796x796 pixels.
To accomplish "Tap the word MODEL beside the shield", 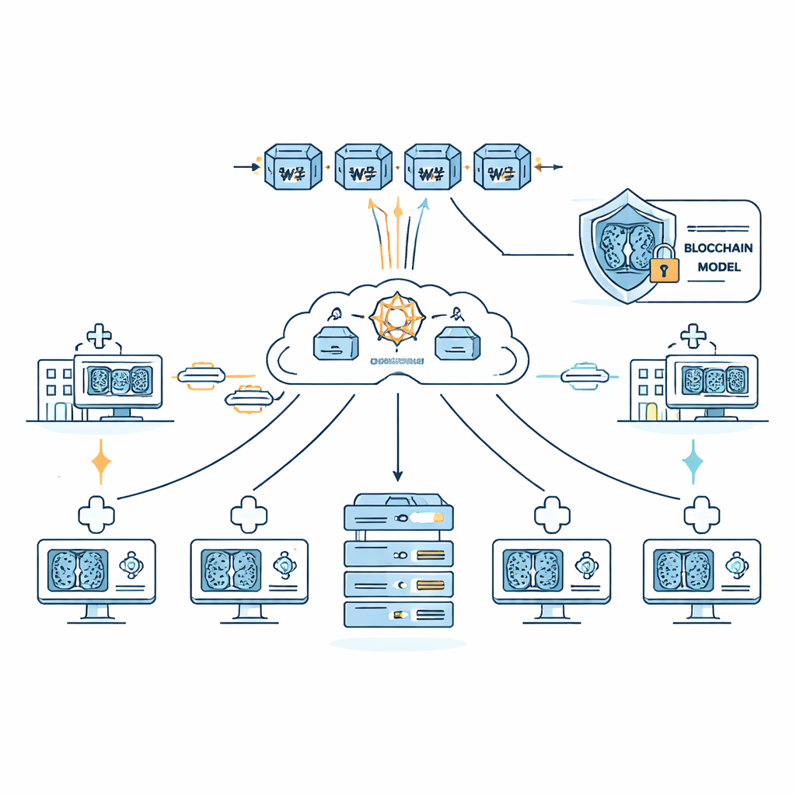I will [x=719, y=267].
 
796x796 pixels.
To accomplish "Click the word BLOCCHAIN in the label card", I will [x=719, y=248].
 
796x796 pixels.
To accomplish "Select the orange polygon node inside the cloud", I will [x=398, y=319].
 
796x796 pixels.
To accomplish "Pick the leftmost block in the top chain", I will [x=293, y=166].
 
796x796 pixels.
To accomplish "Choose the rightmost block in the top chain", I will [x=501, y=166].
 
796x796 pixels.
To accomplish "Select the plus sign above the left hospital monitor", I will [x=98, y=337].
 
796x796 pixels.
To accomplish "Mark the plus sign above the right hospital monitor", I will [x=692, y=337].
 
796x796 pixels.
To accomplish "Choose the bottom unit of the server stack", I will [x=398, y=613].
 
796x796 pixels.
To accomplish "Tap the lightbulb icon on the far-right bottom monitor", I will [x=735, y=564].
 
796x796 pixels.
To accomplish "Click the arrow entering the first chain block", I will [x=247, y=166].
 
